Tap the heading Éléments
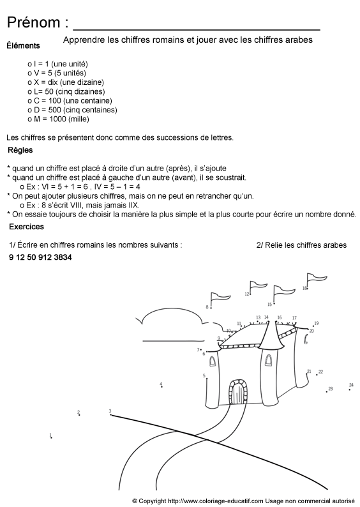[23, 46]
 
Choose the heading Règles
[20, 151]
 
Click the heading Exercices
[26, 227]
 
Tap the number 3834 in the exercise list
[63, 257]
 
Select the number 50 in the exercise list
[34, 257]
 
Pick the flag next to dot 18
[316, 278]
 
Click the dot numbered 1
[51, 437]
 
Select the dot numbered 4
[161, 386]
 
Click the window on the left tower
[213, 361]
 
